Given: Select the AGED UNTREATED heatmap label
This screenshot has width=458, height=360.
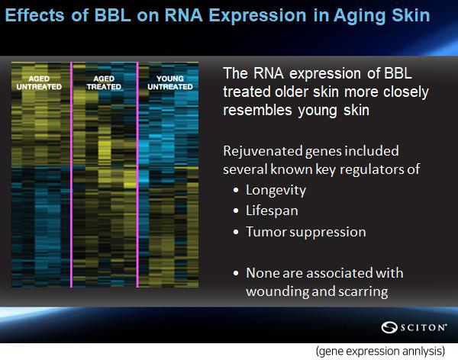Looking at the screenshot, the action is pos(39,82).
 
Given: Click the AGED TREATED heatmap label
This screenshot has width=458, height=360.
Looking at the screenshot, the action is pos(104,82).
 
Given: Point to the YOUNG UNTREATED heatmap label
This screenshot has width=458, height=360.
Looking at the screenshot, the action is pos(170,82).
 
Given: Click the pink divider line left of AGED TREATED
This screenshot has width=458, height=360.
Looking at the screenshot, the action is pos(71,175).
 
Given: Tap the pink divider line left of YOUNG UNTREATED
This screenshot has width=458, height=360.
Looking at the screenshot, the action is pos(137,175).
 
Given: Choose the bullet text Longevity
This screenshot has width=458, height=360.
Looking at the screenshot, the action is pos(276,191).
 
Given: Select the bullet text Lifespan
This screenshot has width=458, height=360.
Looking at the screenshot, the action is pos(272,211).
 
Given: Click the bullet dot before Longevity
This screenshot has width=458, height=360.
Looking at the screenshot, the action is pos(236,191).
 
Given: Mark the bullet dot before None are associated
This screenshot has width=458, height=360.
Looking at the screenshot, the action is pos(236,274).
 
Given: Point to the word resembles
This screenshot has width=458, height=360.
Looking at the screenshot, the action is pos(258,111).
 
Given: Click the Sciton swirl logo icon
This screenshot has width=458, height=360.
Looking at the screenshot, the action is pos(389,327).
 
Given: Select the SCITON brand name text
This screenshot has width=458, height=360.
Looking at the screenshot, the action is pos(423,327).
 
